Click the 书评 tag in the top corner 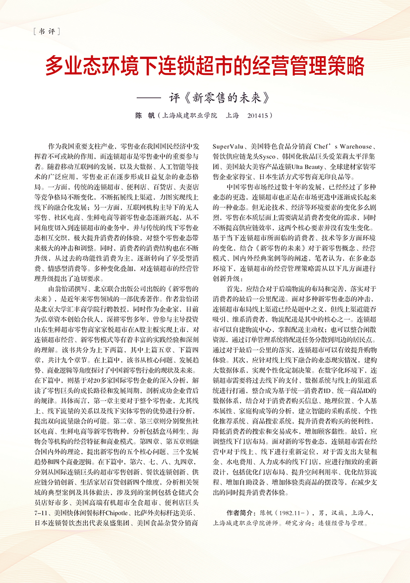coord(46,33)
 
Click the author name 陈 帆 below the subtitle coord(145,116)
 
